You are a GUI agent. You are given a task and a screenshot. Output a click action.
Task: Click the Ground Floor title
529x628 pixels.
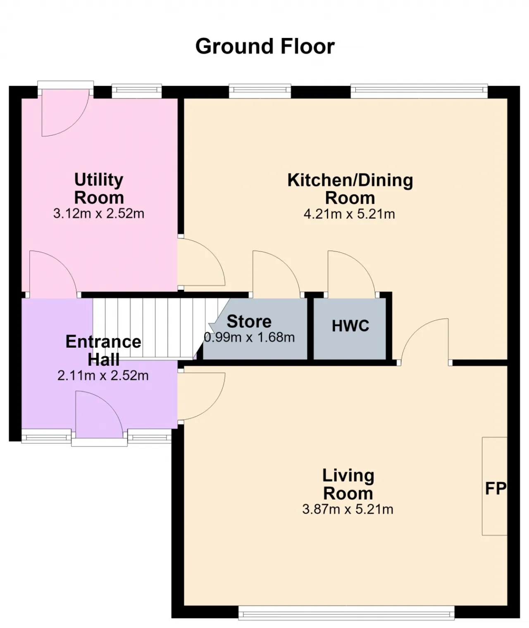pyautogui.click(x=264, y=47)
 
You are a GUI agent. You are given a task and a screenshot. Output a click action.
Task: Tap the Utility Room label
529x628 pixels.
pyautogui.click(x=99, y=189)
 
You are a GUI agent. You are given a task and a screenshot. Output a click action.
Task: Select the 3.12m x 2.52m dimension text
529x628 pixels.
pyautogui.click(x=99, y=213)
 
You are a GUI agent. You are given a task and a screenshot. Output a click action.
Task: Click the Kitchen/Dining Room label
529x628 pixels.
pyautogui.click(x=350, y=189)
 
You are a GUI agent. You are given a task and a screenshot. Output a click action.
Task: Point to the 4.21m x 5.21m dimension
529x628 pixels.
pyautogui.click(x=349, y=214)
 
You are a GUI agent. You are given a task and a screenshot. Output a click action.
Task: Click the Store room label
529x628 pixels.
pyautogui.click(x=249, y=322)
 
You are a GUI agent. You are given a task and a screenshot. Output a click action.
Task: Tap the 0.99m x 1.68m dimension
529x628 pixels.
pyautogui.click(x=249, y=337)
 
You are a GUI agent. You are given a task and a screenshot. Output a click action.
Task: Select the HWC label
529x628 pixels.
pyautogui.click(x=350, y=326)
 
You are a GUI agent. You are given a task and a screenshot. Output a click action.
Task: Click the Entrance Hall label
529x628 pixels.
pyautogui.click(x=103, y=351)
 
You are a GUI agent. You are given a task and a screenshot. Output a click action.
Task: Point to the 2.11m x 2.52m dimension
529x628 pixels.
pyautogui.click(x=103, y=376)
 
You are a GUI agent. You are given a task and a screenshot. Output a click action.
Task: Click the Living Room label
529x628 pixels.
pyautogui.click(x=348, y=485)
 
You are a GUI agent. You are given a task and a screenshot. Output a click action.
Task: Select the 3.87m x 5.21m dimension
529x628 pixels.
pyautogui.click(x=348, y=510)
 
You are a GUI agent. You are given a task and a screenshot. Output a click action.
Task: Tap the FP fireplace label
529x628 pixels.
pyautogui.click(x=496, y=488)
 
